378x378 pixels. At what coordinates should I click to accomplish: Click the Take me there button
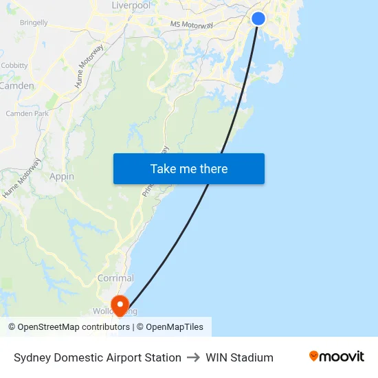pos(189,168)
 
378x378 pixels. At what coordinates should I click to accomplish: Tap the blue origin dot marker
pos(258,19)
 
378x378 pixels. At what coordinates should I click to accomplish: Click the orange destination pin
pos(120,304)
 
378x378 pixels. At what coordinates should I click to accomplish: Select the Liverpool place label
pos(131,5)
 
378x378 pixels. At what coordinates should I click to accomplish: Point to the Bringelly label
pos(34,23)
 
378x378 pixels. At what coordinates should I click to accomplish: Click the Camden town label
pos(17,86)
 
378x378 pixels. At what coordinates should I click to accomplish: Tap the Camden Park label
pos(27,113)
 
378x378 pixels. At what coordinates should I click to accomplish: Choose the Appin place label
pos(62,177)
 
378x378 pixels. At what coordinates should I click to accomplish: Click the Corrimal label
pos(115,278)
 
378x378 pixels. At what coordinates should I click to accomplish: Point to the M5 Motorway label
pos(192,25)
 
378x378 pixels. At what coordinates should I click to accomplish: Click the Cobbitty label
pos(14,66)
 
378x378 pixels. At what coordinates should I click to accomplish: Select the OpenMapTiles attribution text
pos(174,327)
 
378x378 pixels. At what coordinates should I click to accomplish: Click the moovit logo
pos(337,357)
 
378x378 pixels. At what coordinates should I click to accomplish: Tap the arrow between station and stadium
pos(193,357)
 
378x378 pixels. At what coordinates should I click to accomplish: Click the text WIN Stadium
pos(239,357)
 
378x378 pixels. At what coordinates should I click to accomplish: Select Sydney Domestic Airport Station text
pos(98,357)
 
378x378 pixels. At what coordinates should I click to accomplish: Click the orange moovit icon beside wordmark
pos(314,356)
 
